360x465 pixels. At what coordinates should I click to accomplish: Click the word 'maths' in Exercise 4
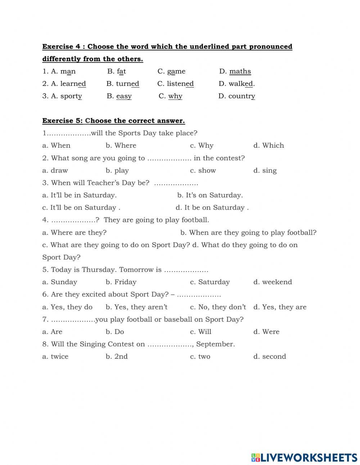240,71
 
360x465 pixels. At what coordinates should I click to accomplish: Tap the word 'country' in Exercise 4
242,96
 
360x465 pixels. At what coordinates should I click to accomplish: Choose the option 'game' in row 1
176,71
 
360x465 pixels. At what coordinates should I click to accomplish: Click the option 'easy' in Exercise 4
123,96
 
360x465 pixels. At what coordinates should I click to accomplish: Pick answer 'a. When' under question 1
57,146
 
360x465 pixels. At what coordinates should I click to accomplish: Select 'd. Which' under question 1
269,146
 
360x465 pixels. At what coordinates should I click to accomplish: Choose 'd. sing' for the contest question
265,170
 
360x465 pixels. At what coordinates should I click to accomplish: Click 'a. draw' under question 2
55,170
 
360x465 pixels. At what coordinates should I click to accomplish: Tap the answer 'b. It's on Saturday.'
210,195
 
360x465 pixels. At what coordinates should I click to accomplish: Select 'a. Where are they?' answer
75,233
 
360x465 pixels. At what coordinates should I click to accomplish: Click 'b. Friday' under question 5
121,282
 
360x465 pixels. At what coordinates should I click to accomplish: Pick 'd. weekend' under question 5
273,282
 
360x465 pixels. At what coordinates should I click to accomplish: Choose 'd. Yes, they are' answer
280,307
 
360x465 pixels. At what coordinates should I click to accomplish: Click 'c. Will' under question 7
201,332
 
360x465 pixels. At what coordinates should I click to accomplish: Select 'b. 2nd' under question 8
117,357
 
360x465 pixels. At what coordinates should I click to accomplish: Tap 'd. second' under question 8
270,357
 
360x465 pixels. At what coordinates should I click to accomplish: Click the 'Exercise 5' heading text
113,121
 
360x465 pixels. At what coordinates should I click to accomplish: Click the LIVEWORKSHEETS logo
304,457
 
